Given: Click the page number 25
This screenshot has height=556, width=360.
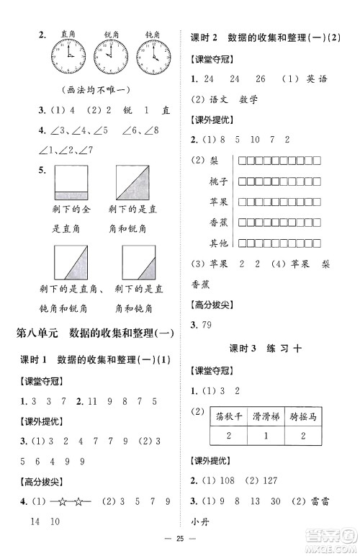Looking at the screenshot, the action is tap(181, 537).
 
